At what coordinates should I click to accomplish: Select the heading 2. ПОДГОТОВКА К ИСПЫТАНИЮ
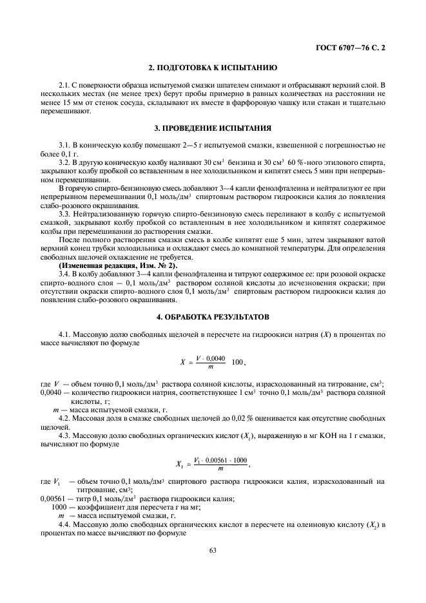click(213, 68)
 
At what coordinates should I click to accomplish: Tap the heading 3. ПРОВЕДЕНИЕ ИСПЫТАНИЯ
click(213, 128)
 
